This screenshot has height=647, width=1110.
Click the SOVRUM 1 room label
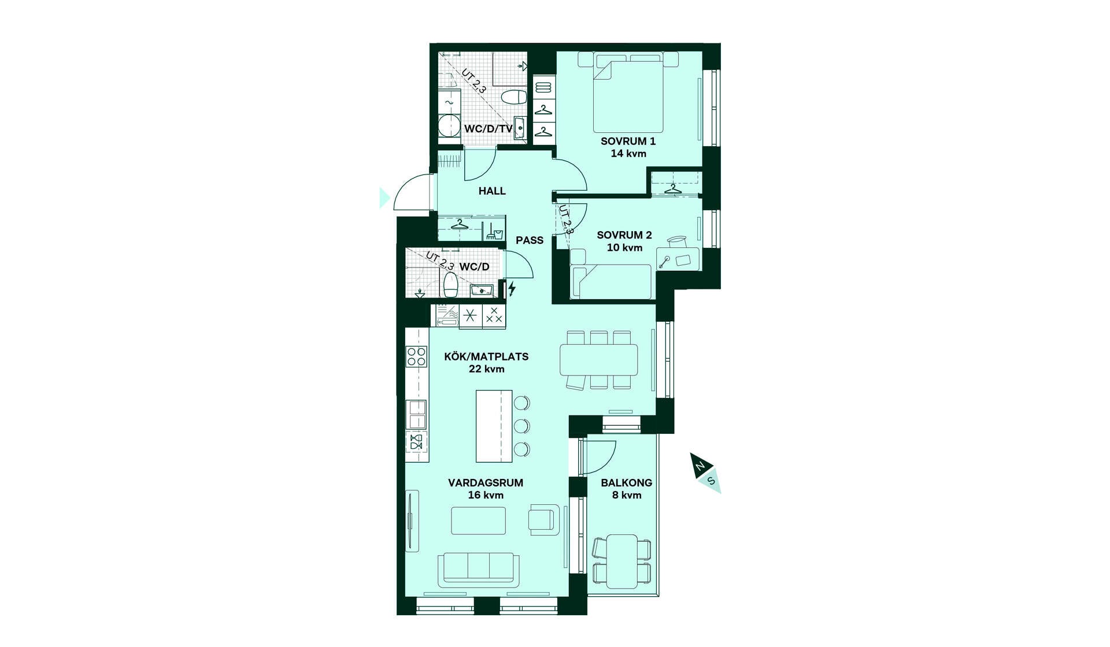[628, 141]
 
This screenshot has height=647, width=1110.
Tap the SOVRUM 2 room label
[624, 235]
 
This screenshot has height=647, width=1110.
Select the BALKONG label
[626, 483]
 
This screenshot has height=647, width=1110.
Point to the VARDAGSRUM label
[486, 483]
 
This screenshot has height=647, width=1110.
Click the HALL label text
[492, 191]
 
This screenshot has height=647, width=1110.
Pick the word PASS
[530, 240]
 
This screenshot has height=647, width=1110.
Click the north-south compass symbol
[705, 473]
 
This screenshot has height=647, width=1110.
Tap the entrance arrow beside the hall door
[384, 198]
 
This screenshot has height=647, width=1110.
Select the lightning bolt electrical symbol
[512, 288]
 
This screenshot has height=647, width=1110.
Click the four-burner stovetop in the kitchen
[416, 356]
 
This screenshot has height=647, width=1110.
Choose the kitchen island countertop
[494, 426]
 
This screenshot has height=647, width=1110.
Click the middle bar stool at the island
[522, 426]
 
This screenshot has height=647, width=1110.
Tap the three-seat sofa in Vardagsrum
[478, 570]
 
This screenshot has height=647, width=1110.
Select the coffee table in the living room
[478, 520]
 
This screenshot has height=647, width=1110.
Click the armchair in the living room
[543, 519]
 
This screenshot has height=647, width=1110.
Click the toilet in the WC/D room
[450, 284]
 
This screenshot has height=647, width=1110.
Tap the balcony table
[622, 562]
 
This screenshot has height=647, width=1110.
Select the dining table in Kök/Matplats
[598, 360]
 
